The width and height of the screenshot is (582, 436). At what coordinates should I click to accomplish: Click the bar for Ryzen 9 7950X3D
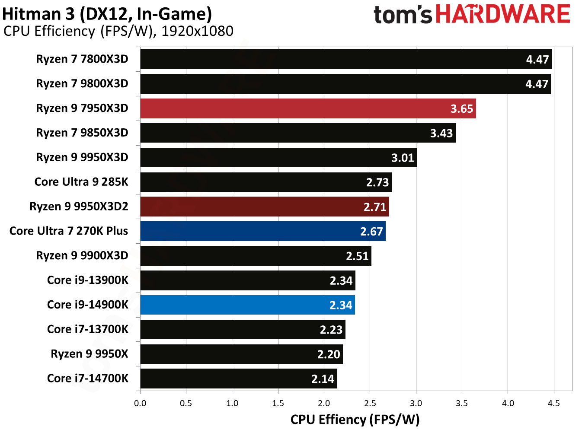[308, 108]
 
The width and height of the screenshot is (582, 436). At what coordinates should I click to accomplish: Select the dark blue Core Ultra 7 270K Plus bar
[263, 231]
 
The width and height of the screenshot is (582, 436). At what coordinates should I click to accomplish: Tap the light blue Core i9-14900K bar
[247, 305]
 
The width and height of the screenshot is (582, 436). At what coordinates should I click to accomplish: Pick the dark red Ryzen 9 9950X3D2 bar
[265, 207]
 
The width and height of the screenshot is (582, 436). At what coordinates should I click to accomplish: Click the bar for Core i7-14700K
[238, 379]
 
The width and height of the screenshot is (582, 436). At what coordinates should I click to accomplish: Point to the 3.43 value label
[441, 134]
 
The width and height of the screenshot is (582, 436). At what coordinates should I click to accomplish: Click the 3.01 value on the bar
[403, 158]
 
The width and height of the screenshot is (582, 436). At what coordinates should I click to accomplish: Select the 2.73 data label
[377, 183]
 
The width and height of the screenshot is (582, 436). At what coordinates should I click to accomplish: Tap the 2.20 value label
[329, 355]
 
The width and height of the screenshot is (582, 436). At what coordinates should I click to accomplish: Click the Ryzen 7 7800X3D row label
[82, 59]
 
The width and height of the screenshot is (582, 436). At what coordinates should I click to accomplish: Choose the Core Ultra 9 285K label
[81, 182]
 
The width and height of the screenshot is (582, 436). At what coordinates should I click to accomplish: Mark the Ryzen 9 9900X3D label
[82, 256]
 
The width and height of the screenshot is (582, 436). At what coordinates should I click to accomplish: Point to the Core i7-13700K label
[88, 330]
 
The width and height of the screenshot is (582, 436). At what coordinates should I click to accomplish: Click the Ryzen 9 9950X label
[90, 354]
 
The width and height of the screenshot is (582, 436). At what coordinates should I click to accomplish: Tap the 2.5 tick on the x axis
[370, 404]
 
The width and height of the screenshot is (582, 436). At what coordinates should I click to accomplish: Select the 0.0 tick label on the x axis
[140, 404]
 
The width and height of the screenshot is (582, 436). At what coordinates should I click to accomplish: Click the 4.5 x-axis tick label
[553, 404]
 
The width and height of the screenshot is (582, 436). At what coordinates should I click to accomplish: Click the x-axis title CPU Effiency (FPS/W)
[355, 420]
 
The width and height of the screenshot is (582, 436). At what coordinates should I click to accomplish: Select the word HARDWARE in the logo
[503, 14]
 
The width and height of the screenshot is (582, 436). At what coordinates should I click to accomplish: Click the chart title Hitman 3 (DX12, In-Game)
[107, 14]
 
